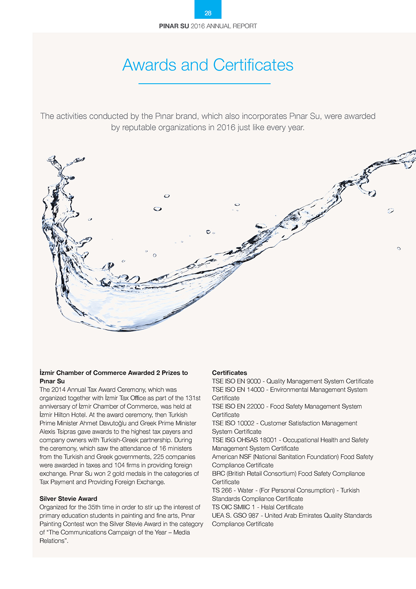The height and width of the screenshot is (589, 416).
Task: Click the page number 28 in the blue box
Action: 208,13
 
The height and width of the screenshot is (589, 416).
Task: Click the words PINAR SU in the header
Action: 174,26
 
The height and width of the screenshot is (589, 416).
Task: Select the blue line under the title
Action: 204,84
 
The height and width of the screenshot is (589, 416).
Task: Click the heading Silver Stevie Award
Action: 68,499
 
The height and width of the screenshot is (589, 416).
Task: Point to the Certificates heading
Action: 229,373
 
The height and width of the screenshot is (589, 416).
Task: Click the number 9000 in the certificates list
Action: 253,381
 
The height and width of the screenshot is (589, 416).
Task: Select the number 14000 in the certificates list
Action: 255,389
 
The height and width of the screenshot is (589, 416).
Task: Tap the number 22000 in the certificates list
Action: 255,406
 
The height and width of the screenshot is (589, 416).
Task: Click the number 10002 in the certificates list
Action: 245,423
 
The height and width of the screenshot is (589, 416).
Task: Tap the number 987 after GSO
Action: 253,515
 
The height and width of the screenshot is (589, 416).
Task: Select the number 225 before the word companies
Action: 158,457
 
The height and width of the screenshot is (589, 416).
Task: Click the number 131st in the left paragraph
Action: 193,398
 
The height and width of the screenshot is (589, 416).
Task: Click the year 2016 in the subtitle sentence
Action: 226,127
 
